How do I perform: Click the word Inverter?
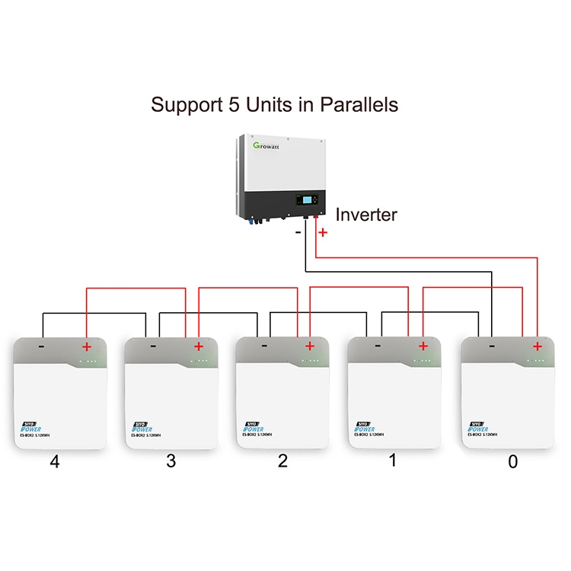366,215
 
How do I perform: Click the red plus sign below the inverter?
323,231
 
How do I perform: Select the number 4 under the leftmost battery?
54,461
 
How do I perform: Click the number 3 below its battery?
171,461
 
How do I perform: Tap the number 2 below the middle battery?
283,461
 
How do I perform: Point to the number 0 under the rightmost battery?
512,461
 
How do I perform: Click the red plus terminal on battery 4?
86,346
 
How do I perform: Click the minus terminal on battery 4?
41,346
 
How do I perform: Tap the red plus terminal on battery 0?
538,346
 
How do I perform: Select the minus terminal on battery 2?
264,346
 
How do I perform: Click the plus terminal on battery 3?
198,346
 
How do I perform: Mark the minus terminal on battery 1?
378,346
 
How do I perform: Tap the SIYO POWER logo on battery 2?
252,427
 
